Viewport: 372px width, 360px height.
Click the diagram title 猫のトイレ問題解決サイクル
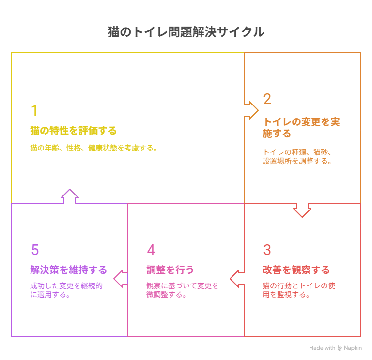tap(186, 32)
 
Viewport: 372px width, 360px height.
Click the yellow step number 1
tap(34, 111)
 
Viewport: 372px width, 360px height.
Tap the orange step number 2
tap(267, 99)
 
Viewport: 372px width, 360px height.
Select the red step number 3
tap(267, 250)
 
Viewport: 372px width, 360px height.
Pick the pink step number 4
tap(151, 250)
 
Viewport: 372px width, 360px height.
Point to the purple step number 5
tap(35, 250)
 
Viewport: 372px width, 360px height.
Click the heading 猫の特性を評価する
tap(74, 131)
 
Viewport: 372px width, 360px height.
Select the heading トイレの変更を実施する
tap(301, 127)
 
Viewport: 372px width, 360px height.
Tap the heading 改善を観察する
tap(296, 270)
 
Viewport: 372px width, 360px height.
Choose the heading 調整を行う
tap(170, 270)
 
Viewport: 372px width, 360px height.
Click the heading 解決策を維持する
tap(68, 270)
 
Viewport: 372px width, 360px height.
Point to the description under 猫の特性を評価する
tap(94, 148)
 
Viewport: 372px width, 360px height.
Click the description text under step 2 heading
tap(297, 156)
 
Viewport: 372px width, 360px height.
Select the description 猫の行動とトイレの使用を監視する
tap(299, 290)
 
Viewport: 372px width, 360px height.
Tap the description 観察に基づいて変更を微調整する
tap(183, 290)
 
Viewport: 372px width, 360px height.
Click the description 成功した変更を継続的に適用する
tap(66, 290)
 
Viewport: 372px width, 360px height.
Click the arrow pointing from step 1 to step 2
tap(251, 110)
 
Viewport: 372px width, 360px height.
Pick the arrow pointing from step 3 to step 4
tap(236, 278)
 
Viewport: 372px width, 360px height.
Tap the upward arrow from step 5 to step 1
tap(70, 196)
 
